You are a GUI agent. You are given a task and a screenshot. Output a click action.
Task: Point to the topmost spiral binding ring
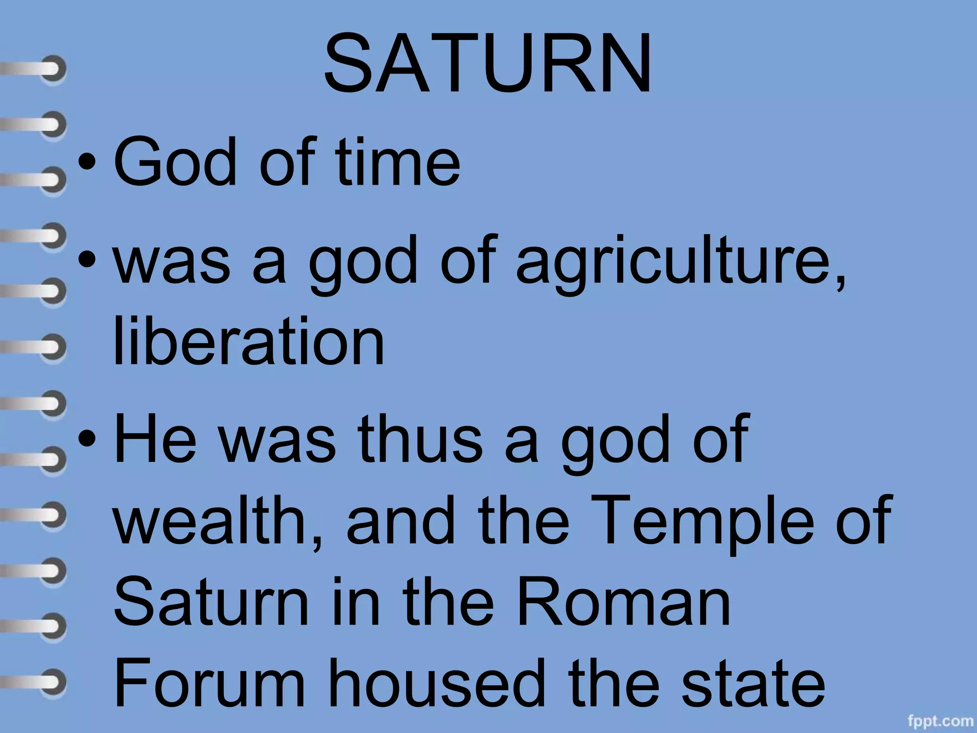pyautogui.click(x=50, y=69)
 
